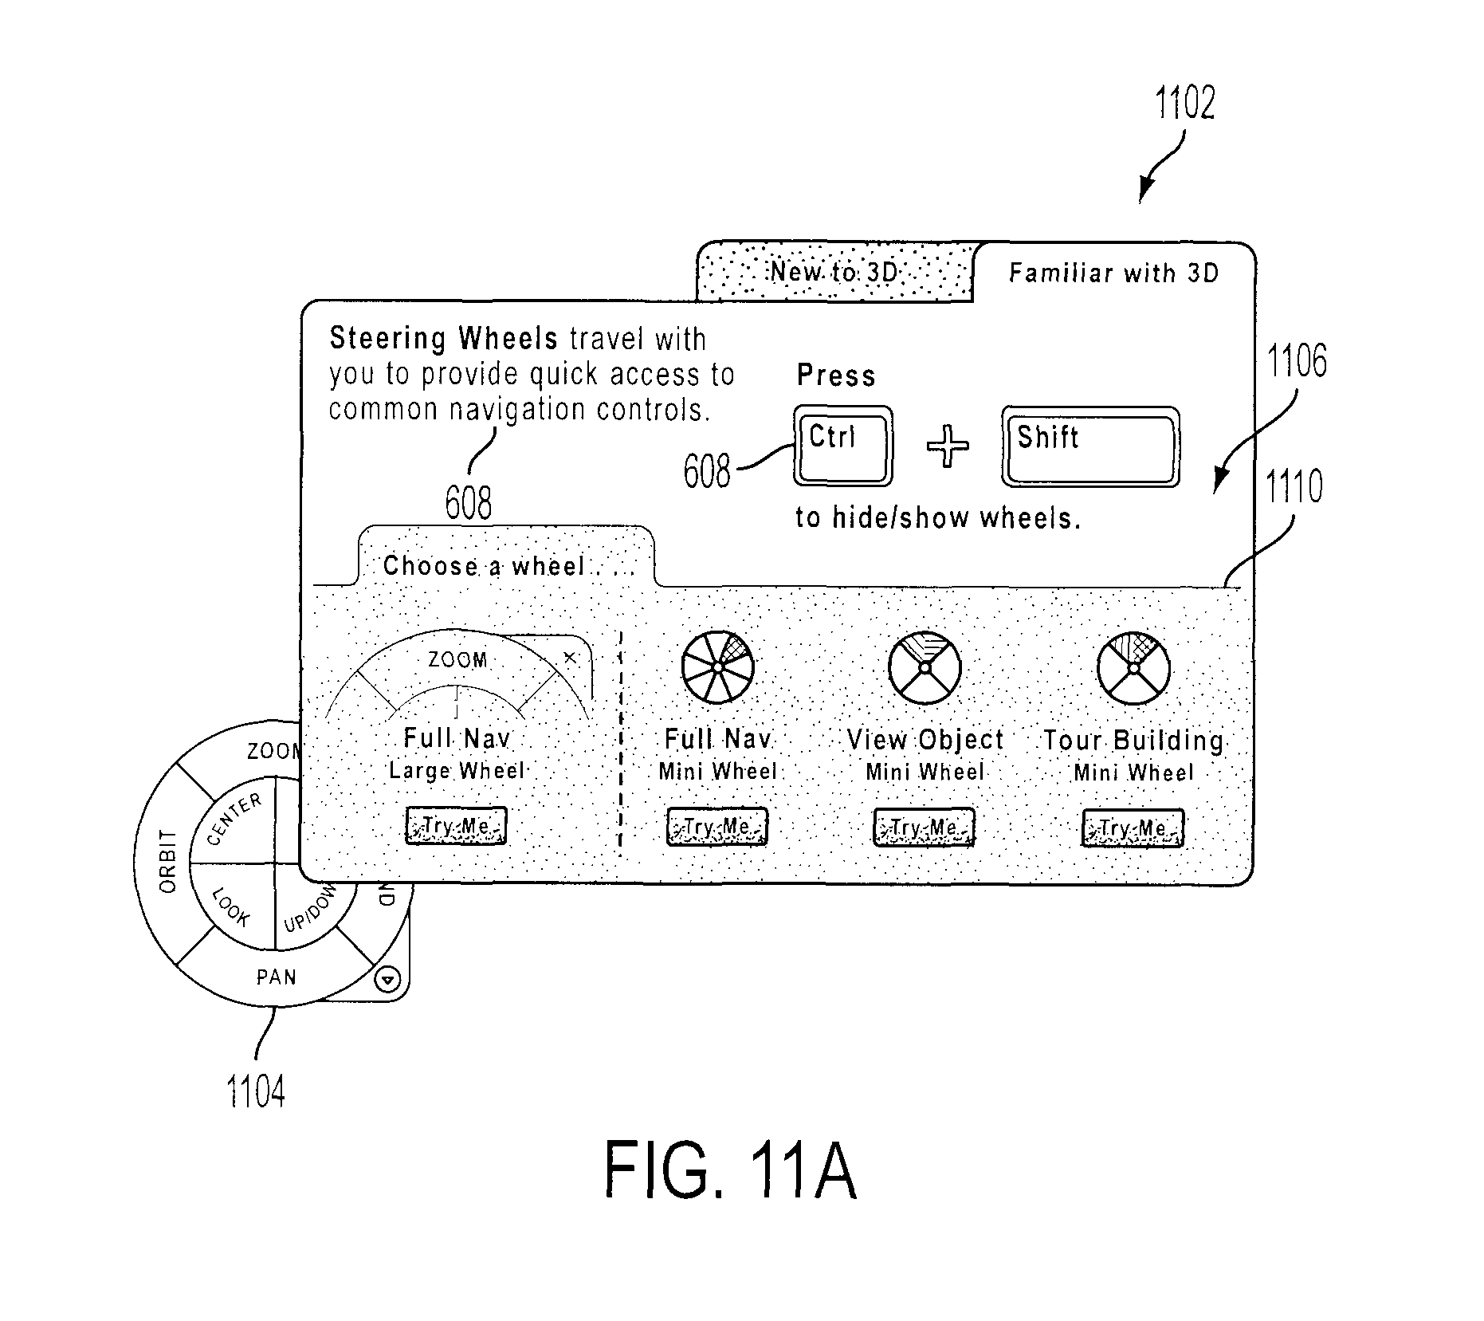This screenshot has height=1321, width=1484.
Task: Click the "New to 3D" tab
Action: coord(834,272)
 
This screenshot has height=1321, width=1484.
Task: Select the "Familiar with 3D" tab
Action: coord(1113,273)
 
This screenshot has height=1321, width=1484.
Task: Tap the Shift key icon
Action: coord(1090,446)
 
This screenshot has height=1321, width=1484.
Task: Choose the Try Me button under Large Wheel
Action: coord(456,825)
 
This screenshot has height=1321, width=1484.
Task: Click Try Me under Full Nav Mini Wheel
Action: coord(716,827)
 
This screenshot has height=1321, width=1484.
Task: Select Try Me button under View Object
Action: coord(924,828)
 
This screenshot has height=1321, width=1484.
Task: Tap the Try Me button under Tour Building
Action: coord(1133,828)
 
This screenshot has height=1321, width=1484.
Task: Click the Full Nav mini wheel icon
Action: coord(717,666)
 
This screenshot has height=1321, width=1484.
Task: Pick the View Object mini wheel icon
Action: coord(925,668)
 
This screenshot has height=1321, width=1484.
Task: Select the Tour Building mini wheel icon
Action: coord(1133,668)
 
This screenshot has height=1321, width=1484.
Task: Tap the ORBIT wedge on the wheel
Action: coord(164,862)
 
